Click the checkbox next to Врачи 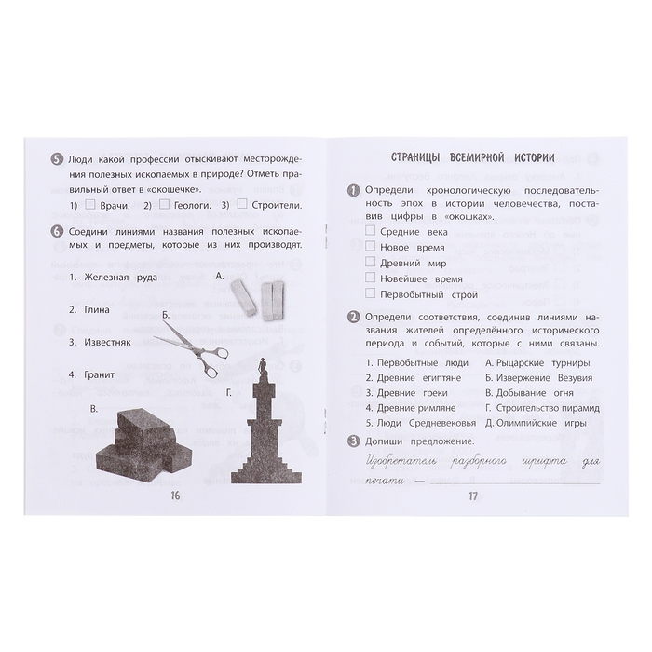(90, 205)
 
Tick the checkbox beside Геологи (166, 205)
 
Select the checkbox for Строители (241, 205)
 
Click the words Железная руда (121, 277)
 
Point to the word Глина (96, 309)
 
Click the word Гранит (99, 374)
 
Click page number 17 (471, 495)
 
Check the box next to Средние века (371, 230)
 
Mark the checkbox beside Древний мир (371, 262)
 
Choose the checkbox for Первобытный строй (371, 293)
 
